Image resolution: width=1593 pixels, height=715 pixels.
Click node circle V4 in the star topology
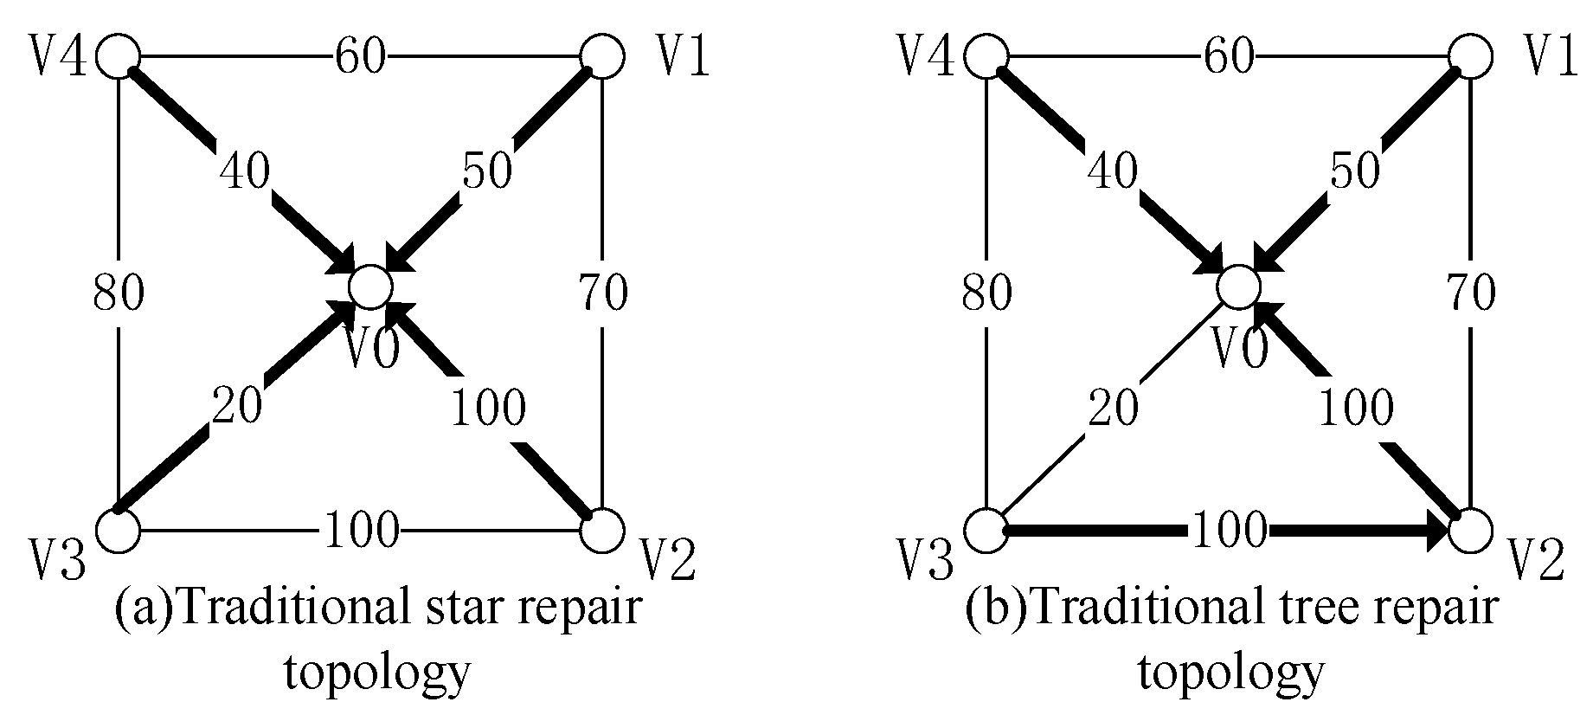[x=118, y=56]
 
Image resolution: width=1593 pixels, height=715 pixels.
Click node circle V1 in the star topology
[x=601, y=56]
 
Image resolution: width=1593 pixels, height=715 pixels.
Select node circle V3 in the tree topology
[x=986, y=530]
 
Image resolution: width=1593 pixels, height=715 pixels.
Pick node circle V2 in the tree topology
[x=1469, y=530]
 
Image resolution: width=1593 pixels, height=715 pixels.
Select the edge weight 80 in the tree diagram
[x=987, y=293]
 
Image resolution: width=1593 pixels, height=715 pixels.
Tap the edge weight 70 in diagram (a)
[x=602, y=293]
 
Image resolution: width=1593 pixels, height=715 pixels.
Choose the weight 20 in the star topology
[x=237, y=405]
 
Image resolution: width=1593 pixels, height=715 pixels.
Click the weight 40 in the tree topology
[x=1112, y=171]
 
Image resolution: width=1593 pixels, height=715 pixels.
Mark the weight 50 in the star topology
[x=487, y=171]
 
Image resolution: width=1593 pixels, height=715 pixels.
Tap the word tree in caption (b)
[x=1314, y=610]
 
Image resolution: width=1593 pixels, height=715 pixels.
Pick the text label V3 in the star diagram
[x=58, y=564]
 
